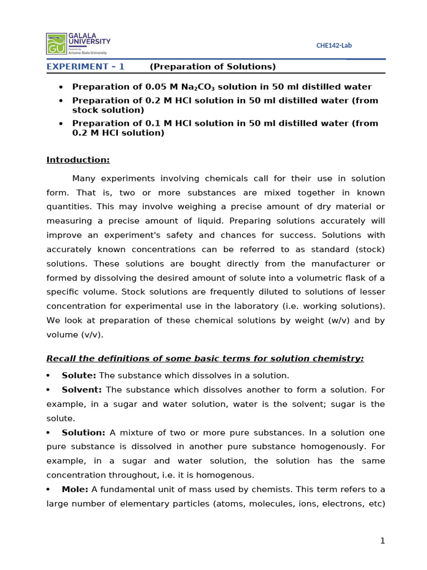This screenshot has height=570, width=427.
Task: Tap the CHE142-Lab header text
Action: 334,46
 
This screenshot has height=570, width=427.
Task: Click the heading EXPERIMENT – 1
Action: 86,67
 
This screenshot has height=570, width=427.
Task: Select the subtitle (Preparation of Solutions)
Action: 213,67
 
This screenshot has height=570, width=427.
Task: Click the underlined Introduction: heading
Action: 78,160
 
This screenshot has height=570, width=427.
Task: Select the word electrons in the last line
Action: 340,504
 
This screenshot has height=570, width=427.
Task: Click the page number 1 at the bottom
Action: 383,541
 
